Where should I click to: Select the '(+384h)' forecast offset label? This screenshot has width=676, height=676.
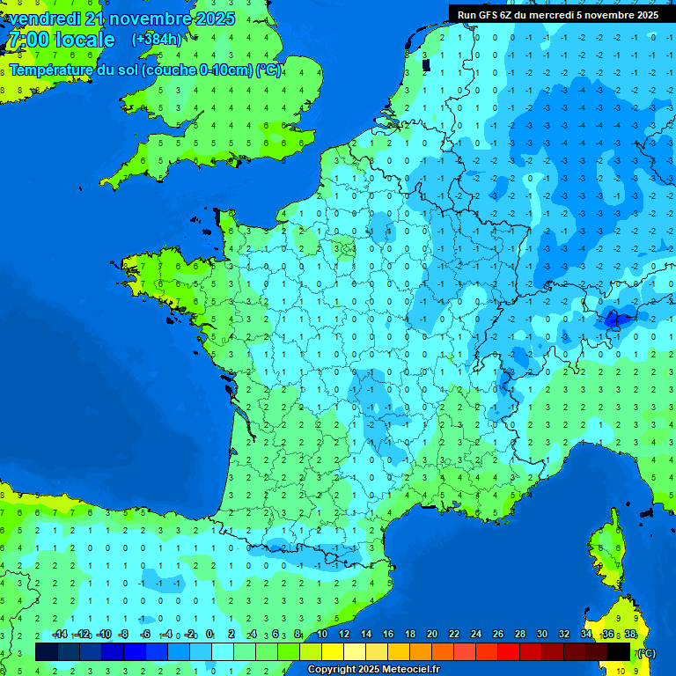[x=157, y=40]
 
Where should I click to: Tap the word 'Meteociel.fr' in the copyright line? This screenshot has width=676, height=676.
[x=401, y=670]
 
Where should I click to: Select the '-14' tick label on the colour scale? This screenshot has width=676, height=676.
[x=60, y=635]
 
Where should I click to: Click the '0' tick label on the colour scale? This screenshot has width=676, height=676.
[x=209, y=635]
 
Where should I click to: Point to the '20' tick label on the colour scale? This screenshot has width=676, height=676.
[x=431, y=635]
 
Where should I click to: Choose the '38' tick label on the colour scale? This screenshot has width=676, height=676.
[x=630, y=635]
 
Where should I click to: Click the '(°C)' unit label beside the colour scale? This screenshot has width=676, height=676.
[x=645, y=653]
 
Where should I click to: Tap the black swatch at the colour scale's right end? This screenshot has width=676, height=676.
[x=619, y=651]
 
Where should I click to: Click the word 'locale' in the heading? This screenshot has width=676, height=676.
[x=84, y=40]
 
